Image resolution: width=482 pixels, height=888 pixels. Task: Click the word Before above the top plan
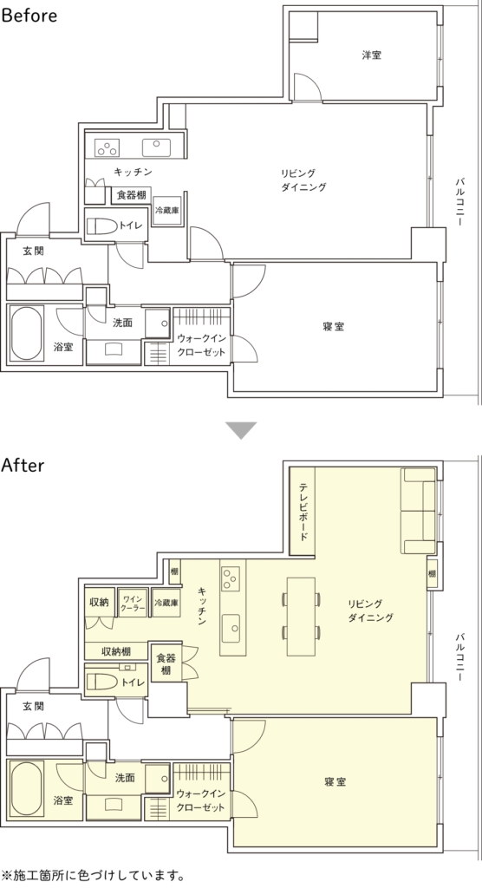click(29, 16)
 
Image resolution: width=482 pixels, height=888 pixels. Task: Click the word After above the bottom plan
click(23, 466)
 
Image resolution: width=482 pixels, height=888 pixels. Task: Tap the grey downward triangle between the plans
click(241, 430)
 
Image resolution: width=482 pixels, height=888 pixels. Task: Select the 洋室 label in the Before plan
click(372, 55)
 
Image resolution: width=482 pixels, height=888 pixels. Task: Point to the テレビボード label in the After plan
click(303, 512)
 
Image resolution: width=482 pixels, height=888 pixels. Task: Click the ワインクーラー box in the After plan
click(132, 604)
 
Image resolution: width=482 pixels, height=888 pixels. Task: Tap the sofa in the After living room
click(419, 510)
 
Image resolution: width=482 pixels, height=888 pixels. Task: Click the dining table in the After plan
click(301, 616)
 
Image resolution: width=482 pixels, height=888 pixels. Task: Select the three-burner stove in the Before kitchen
click(107, 147)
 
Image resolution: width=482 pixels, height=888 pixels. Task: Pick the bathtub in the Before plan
click(27, 332)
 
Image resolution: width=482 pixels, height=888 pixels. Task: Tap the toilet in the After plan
click(102, 682)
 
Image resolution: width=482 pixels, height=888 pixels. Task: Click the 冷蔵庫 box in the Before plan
click(167, 211)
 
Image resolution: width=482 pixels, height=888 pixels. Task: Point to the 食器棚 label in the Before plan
click(132, 195)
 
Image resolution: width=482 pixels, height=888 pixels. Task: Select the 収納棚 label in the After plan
click(117, 651)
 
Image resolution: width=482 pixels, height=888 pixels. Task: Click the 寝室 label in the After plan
click(335, 781)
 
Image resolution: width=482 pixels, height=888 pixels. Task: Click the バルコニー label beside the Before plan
click(460, 202)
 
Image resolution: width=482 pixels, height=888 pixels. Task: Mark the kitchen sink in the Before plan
click(156, 147)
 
